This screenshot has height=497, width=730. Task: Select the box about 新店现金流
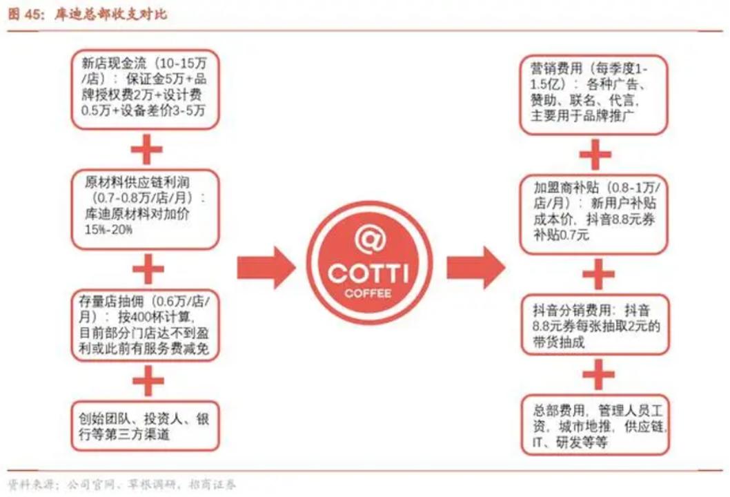click(x=148, y=88)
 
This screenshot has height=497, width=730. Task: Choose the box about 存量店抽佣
click(x=148, y=323)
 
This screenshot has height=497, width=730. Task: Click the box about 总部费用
click(x=593, y=422)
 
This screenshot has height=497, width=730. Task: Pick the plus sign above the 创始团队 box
click(x=148, y=382)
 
